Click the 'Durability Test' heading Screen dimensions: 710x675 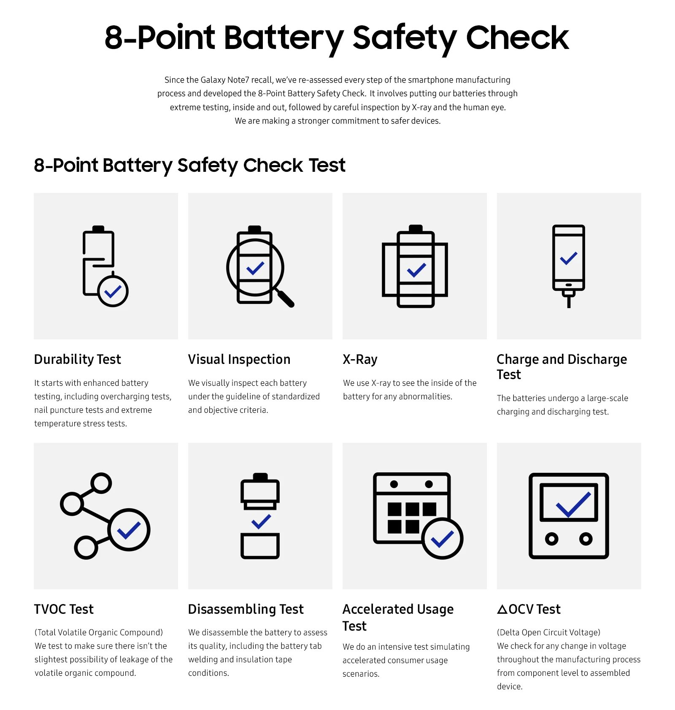(x=77, y=359)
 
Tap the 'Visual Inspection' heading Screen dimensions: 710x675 (x=239, y=359)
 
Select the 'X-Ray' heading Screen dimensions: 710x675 (x=360, y=359)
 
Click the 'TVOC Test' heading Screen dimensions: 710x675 (x=64, y=609)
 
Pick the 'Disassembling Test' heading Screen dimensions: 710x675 (x=246, y=609)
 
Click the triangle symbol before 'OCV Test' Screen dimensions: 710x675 (x=502, y=610)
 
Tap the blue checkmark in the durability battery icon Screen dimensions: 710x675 (x=113, y=291)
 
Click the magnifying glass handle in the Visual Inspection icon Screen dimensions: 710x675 (x=286, y=298)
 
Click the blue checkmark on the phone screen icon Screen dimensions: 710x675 (x=569, y=258)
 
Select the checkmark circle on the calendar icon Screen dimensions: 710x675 (x=442, y=539)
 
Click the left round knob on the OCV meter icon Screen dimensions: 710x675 (x=551, y=539)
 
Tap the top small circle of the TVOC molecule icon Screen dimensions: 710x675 (x=101, y=483)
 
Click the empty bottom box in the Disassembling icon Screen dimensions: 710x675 (x=260, y=546)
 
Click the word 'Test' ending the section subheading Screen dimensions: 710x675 (x=327, y=165)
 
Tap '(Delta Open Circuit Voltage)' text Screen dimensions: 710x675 (x=548, y=632)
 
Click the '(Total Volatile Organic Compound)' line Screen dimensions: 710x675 (x=99, y=632)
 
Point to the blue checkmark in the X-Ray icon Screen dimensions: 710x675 (x=416, y=270)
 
